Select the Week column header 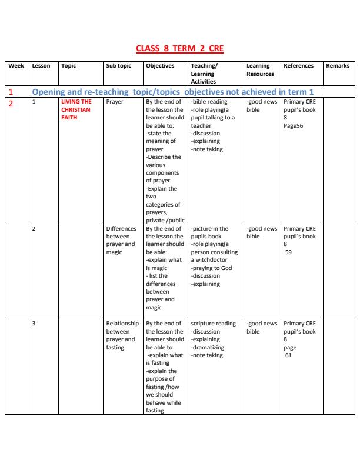16,66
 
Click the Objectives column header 160,66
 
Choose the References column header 298,66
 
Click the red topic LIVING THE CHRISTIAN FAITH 76,109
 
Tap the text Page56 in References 294,125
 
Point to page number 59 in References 290,252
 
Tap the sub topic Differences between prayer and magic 121,241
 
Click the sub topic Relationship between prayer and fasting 122,335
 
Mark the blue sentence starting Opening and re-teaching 172,92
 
